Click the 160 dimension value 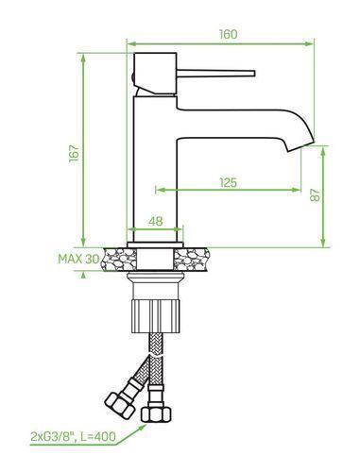(x=229, y=34)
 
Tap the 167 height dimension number (x=75, y=153)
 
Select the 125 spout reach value (x=229, y=182)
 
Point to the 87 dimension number (x=315, y=195)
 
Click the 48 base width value (x=156, y=221)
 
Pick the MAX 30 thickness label (x=78, y=259)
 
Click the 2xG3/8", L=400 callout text (x=73, y=436)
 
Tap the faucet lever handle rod (x=215, y=74)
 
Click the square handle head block (x=155, y=74)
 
